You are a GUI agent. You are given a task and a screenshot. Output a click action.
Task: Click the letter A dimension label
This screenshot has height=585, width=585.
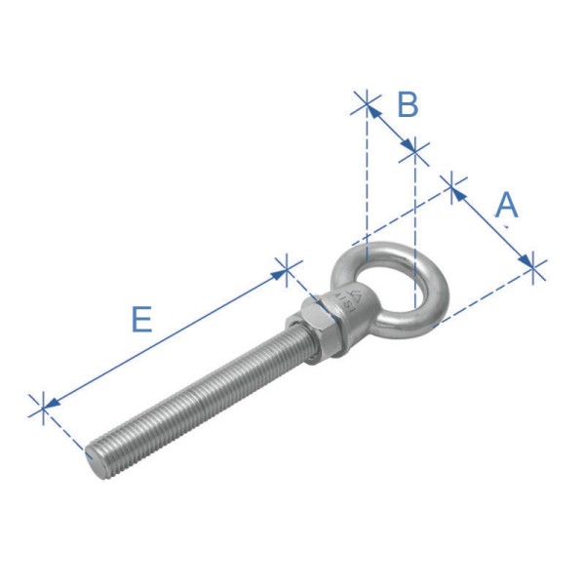506,206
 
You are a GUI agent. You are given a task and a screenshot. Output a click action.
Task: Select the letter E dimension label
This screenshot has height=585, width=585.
141,319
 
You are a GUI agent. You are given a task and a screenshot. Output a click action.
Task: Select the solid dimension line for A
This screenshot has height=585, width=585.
493,224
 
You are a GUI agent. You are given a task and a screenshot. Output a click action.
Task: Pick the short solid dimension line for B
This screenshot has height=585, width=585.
391,127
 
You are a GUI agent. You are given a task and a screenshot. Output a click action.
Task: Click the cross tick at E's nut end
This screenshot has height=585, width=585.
285,269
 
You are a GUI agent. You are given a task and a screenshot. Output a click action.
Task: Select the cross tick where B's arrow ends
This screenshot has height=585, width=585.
415,151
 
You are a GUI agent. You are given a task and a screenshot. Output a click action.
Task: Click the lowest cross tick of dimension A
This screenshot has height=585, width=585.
533,267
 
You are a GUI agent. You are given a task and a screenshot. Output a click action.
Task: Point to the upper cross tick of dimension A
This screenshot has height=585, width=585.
453,187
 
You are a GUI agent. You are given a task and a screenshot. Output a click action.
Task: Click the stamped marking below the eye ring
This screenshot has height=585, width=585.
347,300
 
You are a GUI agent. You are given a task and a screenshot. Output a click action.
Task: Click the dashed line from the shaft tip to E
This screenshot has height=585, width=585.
63,429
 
